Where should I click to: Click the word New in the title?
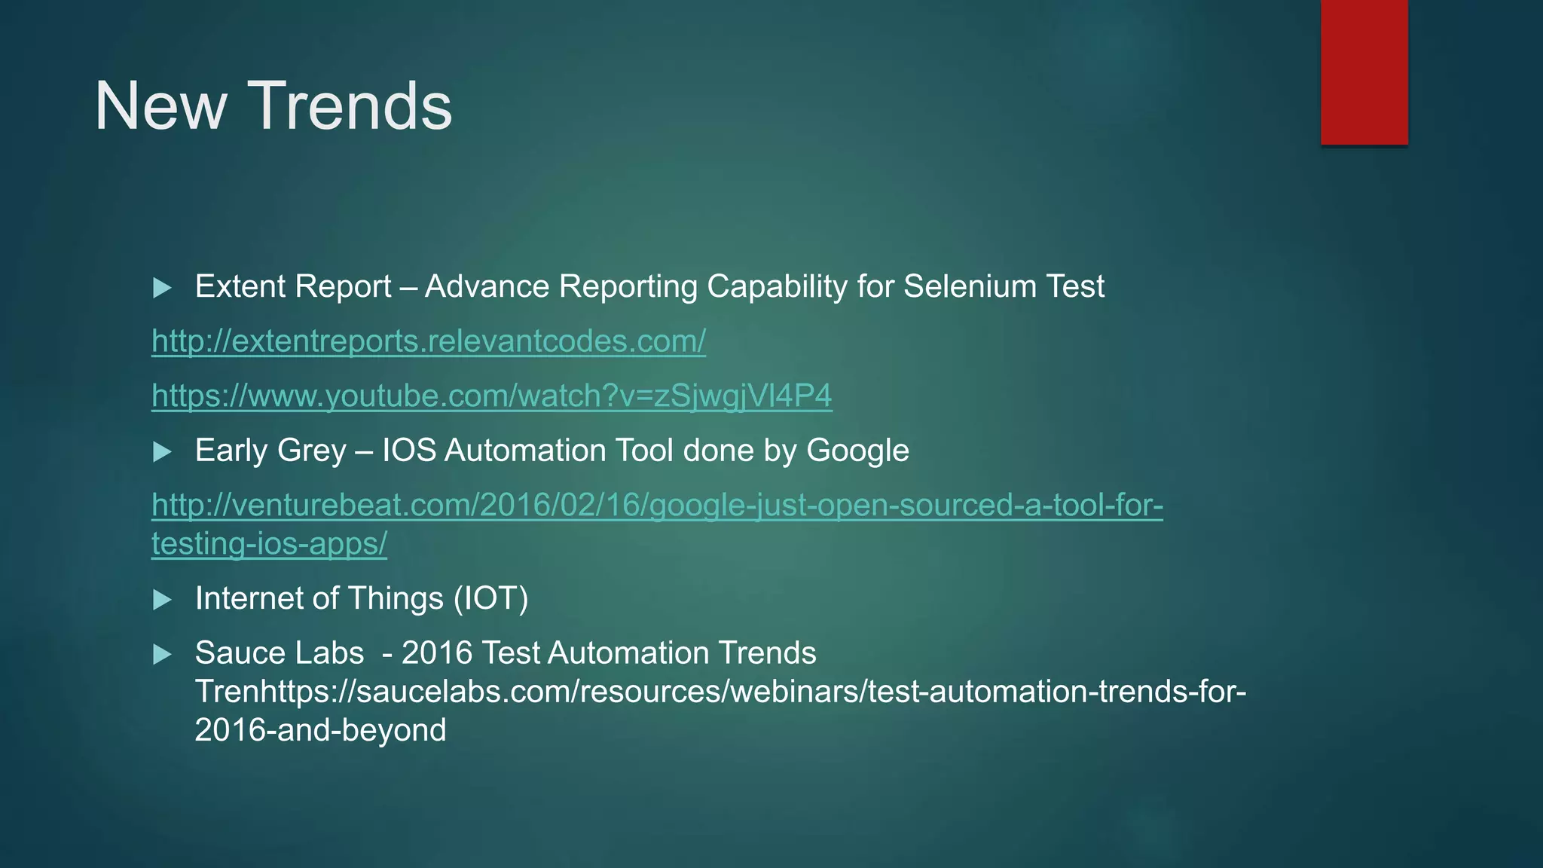click(160, 106)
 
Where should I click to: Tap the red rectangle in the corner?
click(1364, 72)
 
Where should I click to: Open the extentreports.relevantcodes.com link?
click(428, 341)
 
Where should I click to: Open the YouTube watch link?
click(491, 396)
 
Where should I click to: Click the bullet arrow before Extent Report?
click(162, 288)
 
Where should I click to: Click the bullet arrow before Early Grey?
click(162, 452)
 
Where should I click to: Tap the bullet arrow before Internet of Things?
click(162, 600)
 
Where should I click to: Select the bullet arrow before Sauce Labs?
click(162, 654)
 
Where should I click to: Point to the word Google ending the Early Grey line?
click(857, 451)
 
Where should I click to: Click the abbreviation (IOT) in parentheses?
click(490, 599)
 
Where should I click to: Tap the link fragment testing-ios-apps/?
click(269, 544)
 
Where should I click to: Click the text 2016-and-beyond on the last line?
click(320, 730)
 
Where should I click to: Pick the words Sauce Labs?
click(279, 653)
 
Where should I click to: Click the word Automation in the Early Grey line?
click(525, 451)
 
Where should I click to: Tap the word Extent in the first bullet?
click(240, 287)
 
